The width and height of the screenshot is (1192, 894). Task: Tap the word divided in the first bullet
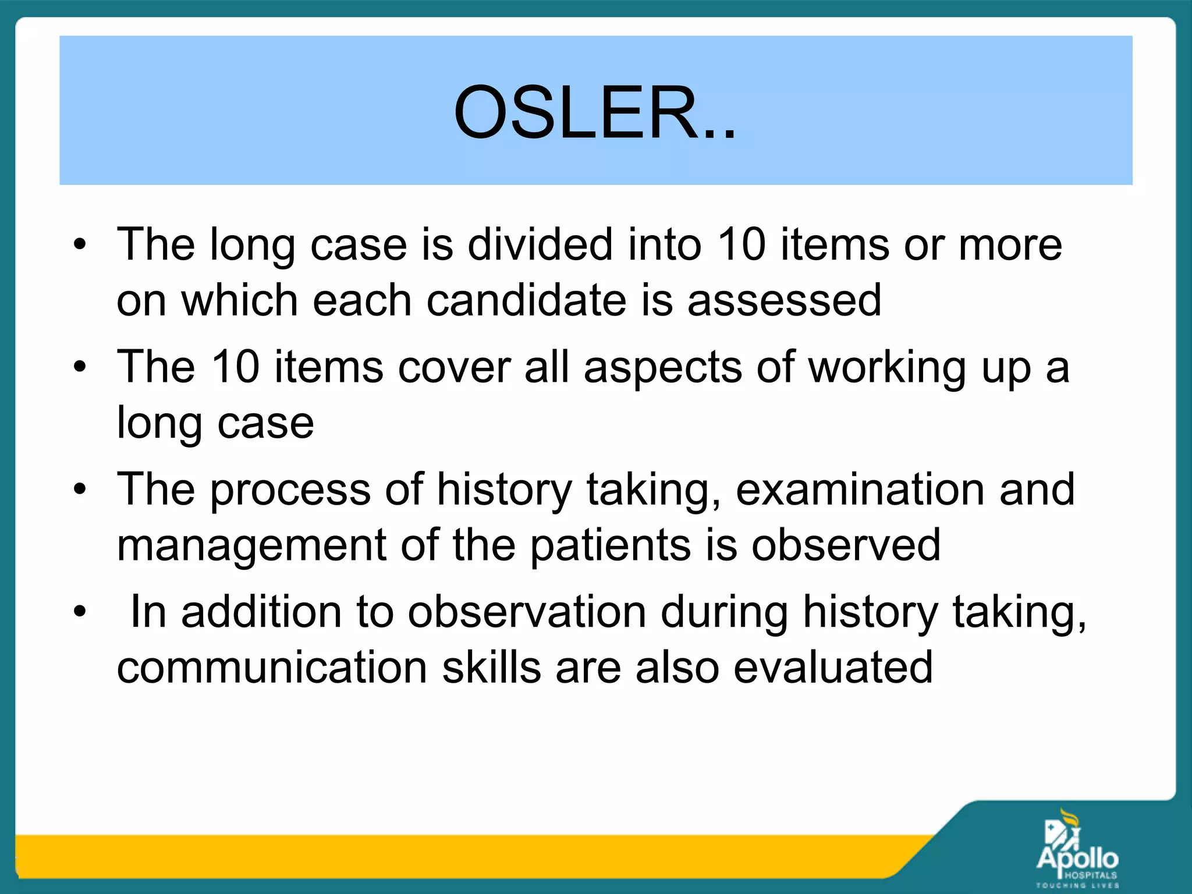click(x=541, y=244)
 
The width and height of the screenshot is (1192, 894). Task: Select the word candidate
click(x=526, y=300)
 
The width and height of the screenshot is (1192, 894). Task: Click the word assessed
click(x=784, y=300)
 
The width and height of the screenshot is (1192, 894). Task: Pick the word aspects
click(x=663, y=368)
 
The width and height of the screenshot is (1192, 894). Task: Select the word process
click(x=290, y=490)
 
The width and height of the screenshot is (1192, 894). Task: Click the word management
click(x=251, y=546)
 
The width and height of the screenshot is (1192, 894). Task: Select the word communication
click(x=272, y=668)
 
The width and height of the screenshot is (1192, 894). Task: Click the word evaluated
click(x=833, y=668)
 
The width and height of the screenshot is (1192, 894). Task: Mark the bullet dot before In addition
click(x=80, y=612)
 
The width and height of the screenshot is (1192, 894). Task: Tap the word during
click(x=725, y=613)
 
